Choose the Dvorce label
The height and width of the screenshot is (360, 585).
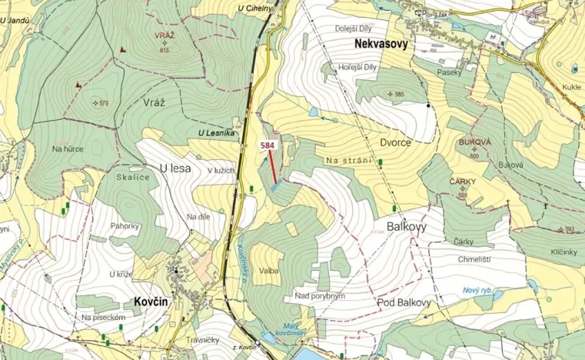395,142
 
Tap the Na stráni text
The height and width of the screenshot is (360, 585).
348,160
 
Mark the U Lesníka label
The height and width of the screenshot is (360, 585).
216,133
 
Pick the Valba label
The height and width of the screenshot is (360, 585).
269,271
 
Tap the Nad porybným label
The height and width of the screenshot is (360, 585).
319,295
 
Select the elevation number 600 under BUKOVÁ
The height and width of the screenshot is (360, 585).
474,156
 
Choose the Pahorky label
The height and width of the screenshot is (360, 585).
125,226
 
